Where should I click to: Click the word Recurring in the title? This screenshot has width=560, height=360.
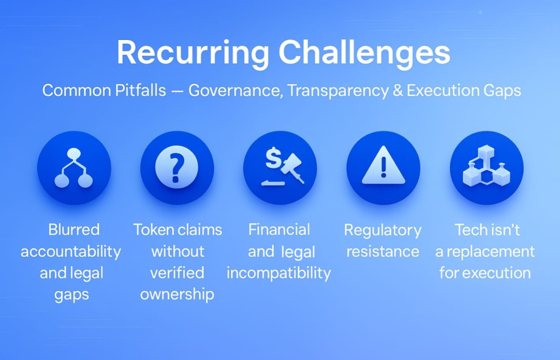coord(193,54)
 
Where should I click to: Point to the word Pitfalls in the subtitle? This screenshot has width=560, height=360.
coord(141,90)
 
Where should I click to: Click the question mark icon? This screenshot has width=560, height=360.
coord(177,167)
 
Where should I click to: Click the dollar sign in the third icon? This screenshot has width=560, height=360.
coord(273,157)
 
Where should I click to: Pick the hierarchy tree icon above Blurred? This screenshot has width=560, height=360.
coord(74,168)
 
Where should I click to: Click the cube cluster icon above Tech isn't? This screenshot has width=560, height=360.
coord(486,166)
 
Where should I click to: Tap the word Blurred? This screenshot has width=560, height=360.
coord(74,230)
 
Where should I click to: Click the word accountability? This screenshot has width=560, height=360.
coord(71,252)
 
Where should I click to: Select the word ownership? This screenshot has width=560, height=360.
coord(177,295)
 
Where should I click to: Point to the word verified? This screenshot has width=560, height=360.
coord(177,273)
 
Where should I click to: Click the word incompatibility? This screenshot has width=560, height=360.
coord(279,274)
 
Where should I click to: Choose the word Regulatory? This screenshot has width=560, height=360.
coord(383,231)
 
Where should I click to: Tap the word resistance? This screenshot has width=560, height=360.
coord(383,252)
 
